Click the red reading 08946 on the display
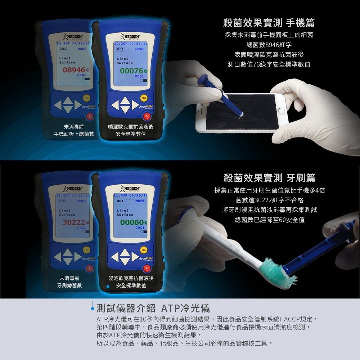point(73,69)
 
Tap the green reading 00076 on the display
point(131,71)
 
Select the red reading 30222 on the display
point(73,222)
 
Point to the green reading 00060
point(131,222)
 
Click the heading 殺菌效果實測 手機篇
point(269,23)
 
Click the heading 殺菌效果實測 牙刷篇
point(269,177)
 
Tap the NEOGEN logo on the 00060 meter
point(131,188)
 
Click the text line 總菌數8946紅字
point(269,45)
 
